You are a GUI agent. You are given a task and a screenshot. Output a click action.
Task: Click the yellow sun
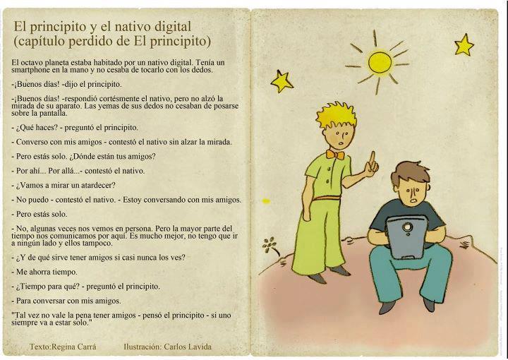pos(380,63)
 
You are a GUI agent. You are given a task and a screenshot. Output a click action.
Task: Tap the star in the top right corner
pos(464,44)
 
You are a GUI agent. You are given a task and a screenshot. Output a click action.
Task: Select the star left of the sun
pos(282,81)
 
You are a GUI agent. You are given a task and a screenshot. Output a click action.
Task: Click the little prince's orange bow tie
pos(335,155)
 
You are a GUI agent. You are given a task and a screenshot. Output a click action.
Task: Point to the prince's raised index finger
pos(373,158)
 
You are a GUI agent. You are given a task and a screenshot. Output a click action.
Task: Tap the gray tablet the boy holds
pos(407,236)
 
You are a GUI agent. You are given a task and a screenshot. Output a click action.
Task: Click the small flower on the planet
pos(270,246)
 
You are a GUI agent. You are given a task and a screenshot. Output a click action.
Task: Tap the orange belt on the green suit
pos(327,198)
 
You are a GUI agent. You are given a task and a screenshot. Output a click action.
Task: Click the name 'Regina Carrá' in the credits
pos(74,347)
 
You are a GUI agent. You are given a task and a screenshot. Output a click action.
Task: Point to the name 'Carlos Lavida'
pos(188,347)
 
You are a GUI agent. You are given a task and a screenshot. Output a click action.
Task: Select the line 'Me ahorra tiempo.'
pos(44,272)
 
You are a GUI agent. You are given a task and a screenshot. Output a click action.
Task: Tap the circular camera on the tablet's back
pos(407,226)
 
